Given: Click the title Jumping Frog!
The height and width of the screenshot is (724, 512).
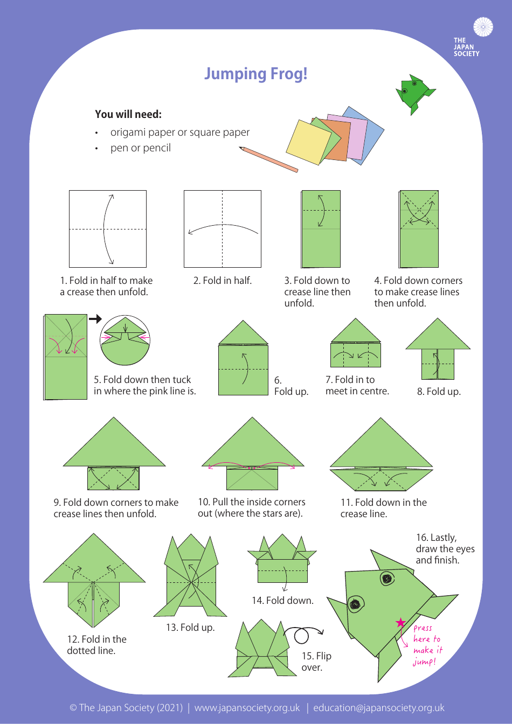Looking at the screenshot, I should (255, 74).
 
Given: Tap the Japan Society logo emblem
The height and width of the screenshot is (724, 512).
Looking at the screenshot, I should (483, 27).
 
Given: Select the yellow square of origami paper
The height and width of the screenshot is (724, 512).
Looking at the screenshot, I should (308, 142).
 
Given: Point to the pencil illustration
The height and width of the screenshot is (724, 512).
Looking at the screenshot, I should (268, 159).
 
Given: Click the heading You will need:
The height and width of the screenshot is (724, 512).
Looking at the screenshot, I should (128, 114).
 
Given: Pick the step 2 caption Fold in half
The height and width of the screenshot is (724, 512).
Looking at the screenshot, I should (222, 281).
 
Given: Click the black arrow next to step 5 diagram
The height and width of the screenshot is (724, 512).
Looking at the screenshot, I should (95, 319).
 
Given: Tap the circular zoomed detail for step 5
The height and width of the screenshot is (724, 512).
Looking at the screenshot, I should (125, 340).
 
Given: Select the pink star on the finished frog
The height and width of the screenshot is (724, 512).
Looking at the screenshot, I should (400, 623).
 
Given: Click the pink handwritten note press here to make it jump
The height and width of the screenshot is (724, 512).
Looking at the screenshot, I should (427, 644).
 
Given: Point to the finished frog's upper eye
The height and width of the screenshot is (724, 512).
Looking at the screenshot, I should (387, 579).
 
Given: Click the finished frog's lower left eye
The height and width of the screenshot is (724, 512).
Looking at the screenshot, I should (355, 604).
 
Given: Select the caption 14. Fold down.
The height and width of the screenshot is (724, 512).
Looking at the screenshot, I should (282, 600).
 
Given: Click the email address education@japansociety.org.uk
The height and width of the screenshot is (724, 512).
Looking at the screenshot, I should (379, 708).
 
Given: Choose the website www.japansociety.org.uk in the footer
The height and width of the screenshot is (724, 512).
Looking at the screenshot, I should (247, 708).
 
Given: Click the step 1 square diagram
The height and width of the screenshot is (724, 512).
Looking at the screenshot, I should (108, 229).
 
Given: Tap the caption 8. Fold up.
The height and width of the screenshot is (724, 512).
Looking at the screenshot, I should (439, 392).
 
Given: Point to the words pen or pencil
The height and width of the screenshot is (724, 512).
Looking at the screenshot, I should (141, 148).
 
